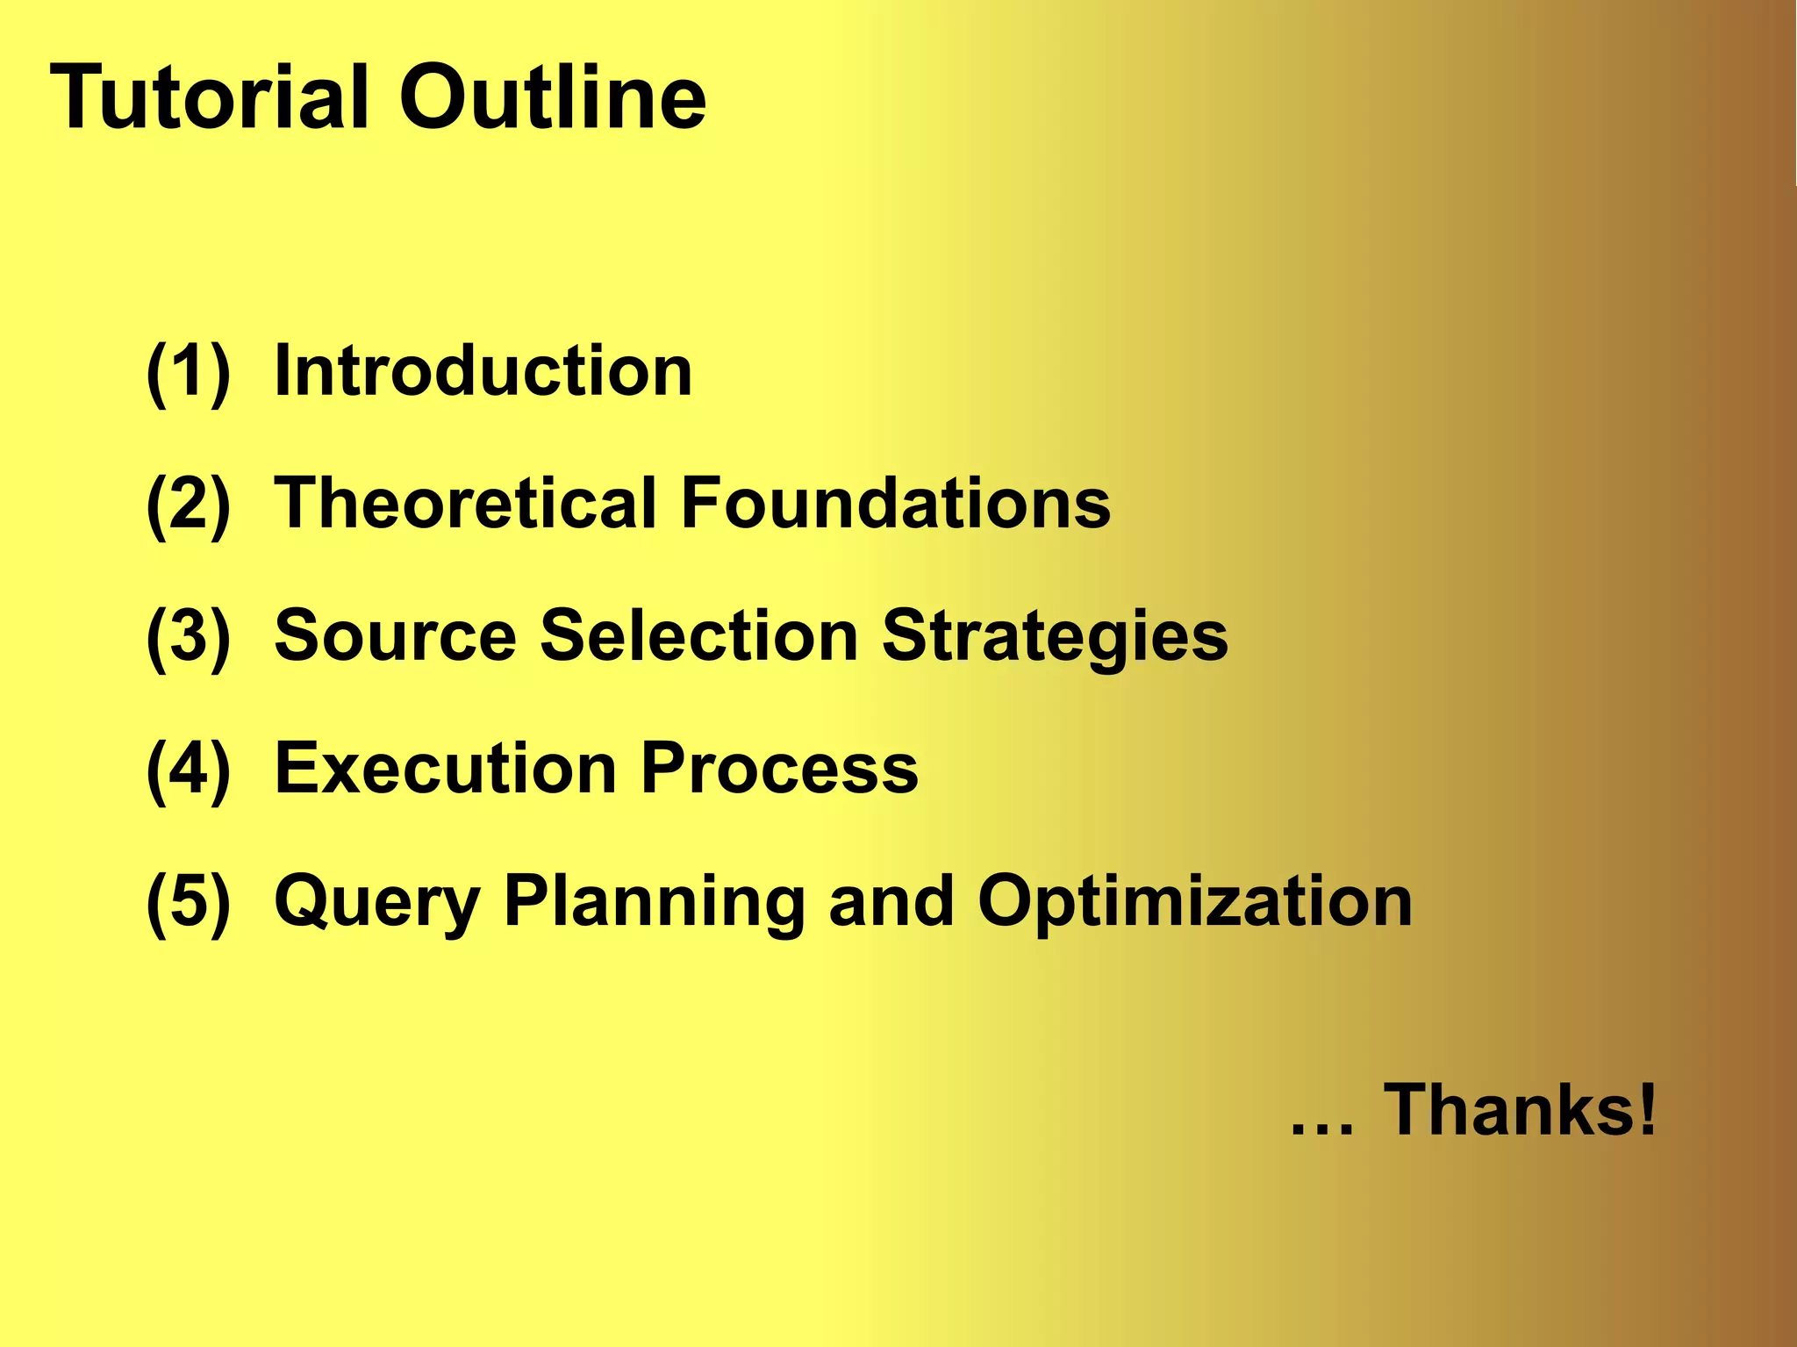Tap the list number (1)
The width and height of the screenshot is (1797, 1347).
click(189, 372)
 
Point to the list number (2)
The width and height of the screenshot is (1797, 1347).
click(189, 505)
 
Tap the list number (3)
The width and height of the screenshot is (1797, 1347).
click(189, 637)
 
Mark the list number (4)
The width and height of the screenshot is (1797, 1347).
click(189, 770)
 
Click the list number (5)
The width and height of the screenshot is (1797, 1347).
click(189, 902)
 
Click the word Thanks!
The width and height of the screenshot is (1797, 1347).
click(1521, 1109)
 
